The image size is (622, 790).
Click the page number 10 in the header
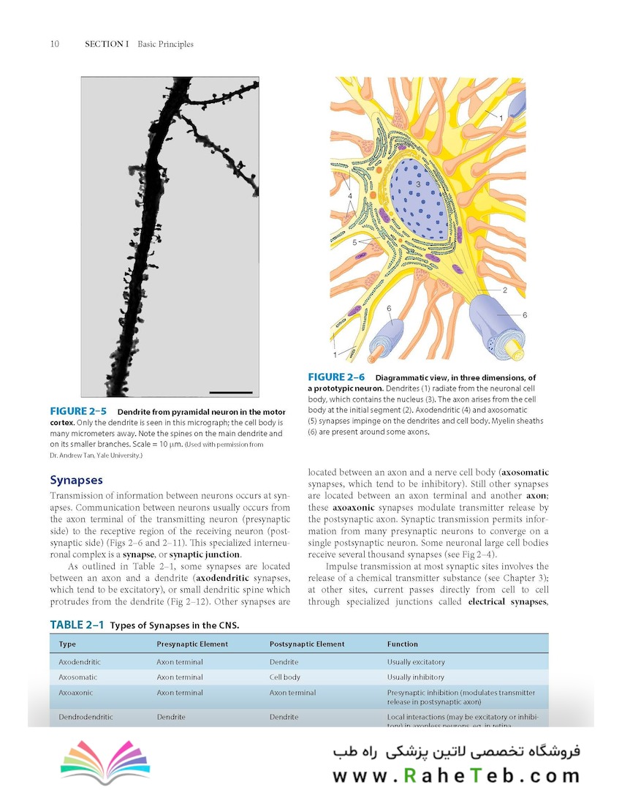pyautogui.click(x=55, y=44)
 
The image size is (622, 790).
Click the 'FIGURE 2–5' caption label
pyautogui.click(x=78, y=411)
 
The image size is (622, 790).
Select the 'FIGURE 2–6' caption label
pyautogui.click(x=336, y=377)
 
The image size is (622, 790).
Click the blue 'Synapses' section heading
pyautogui.click(x=76, y=481)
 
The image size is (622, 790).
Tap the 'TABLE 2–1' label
pyautogui.click(x=77, y=625)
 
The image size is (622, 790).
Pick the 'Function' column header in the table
pyautogui.click(x=403, y=644)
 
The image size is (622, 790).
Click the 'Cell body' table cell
pyautogui.click(x=285, y=677)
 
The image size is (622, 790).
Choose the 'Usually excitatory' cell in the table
pyautogui.click(x=416, y=662)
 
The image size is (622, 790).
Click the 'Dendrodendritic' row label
pyautogui.click(x=86, y=717)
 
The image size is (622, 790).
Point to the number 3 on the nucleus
pyautogui.click(x=418, y=185)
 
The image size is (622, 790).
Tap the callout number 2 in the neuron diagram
pyautogui.click(x=504, y=290)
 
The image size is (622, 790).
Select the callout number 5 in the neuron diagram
pyautogui.click(x=354, y=241)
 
